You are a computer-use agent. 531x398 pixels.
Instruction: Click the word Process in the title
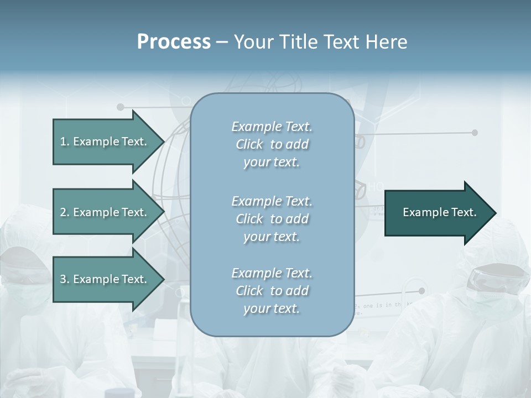pyautogui.click(x=174, y=42)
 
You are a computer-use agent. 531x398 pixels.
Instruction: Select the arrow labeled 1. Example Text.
pyautogui.click(x=104, y=142)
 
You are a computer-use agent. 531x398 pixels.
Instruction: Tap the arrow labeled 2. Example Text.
pyautogui.click(x=104, y=212)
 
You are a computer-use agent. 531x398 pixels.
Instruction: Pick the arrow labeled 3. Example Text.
pyautogui.click(x=104, y=279)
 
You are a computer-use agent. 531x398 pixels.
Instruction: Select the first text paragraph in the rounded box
pyautogui.click(x=272, y=144)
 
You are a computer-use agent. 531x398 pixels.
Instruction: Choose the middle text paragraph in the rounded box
pyautogui.click(x=272, y=219)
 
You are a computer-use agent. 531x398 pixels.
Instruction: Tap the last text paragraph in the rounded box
pyautogui.click(x=272, y=291)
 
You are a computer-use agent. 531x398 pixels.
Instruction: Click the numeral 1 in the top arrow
pyautogui.click(x=63, y=142)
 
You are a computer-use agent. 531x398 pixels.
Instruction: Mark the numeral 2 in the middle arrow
pyautogui.click(x=63, y=212)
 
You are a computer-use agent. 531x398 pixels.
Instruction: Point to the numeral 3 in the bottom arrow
pyautogui.click(x=63, y=279)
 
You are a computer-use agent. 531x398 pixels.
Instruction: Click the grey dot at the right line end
pyautogui.click(x=475, y=133)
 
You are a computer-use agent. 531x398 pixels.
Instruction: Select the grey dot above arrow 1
pyautogui.click(x=121, y=107)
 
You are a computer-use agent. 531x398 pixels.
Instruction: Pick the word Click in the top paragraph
pyautogui.click(x=249, y=144)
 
